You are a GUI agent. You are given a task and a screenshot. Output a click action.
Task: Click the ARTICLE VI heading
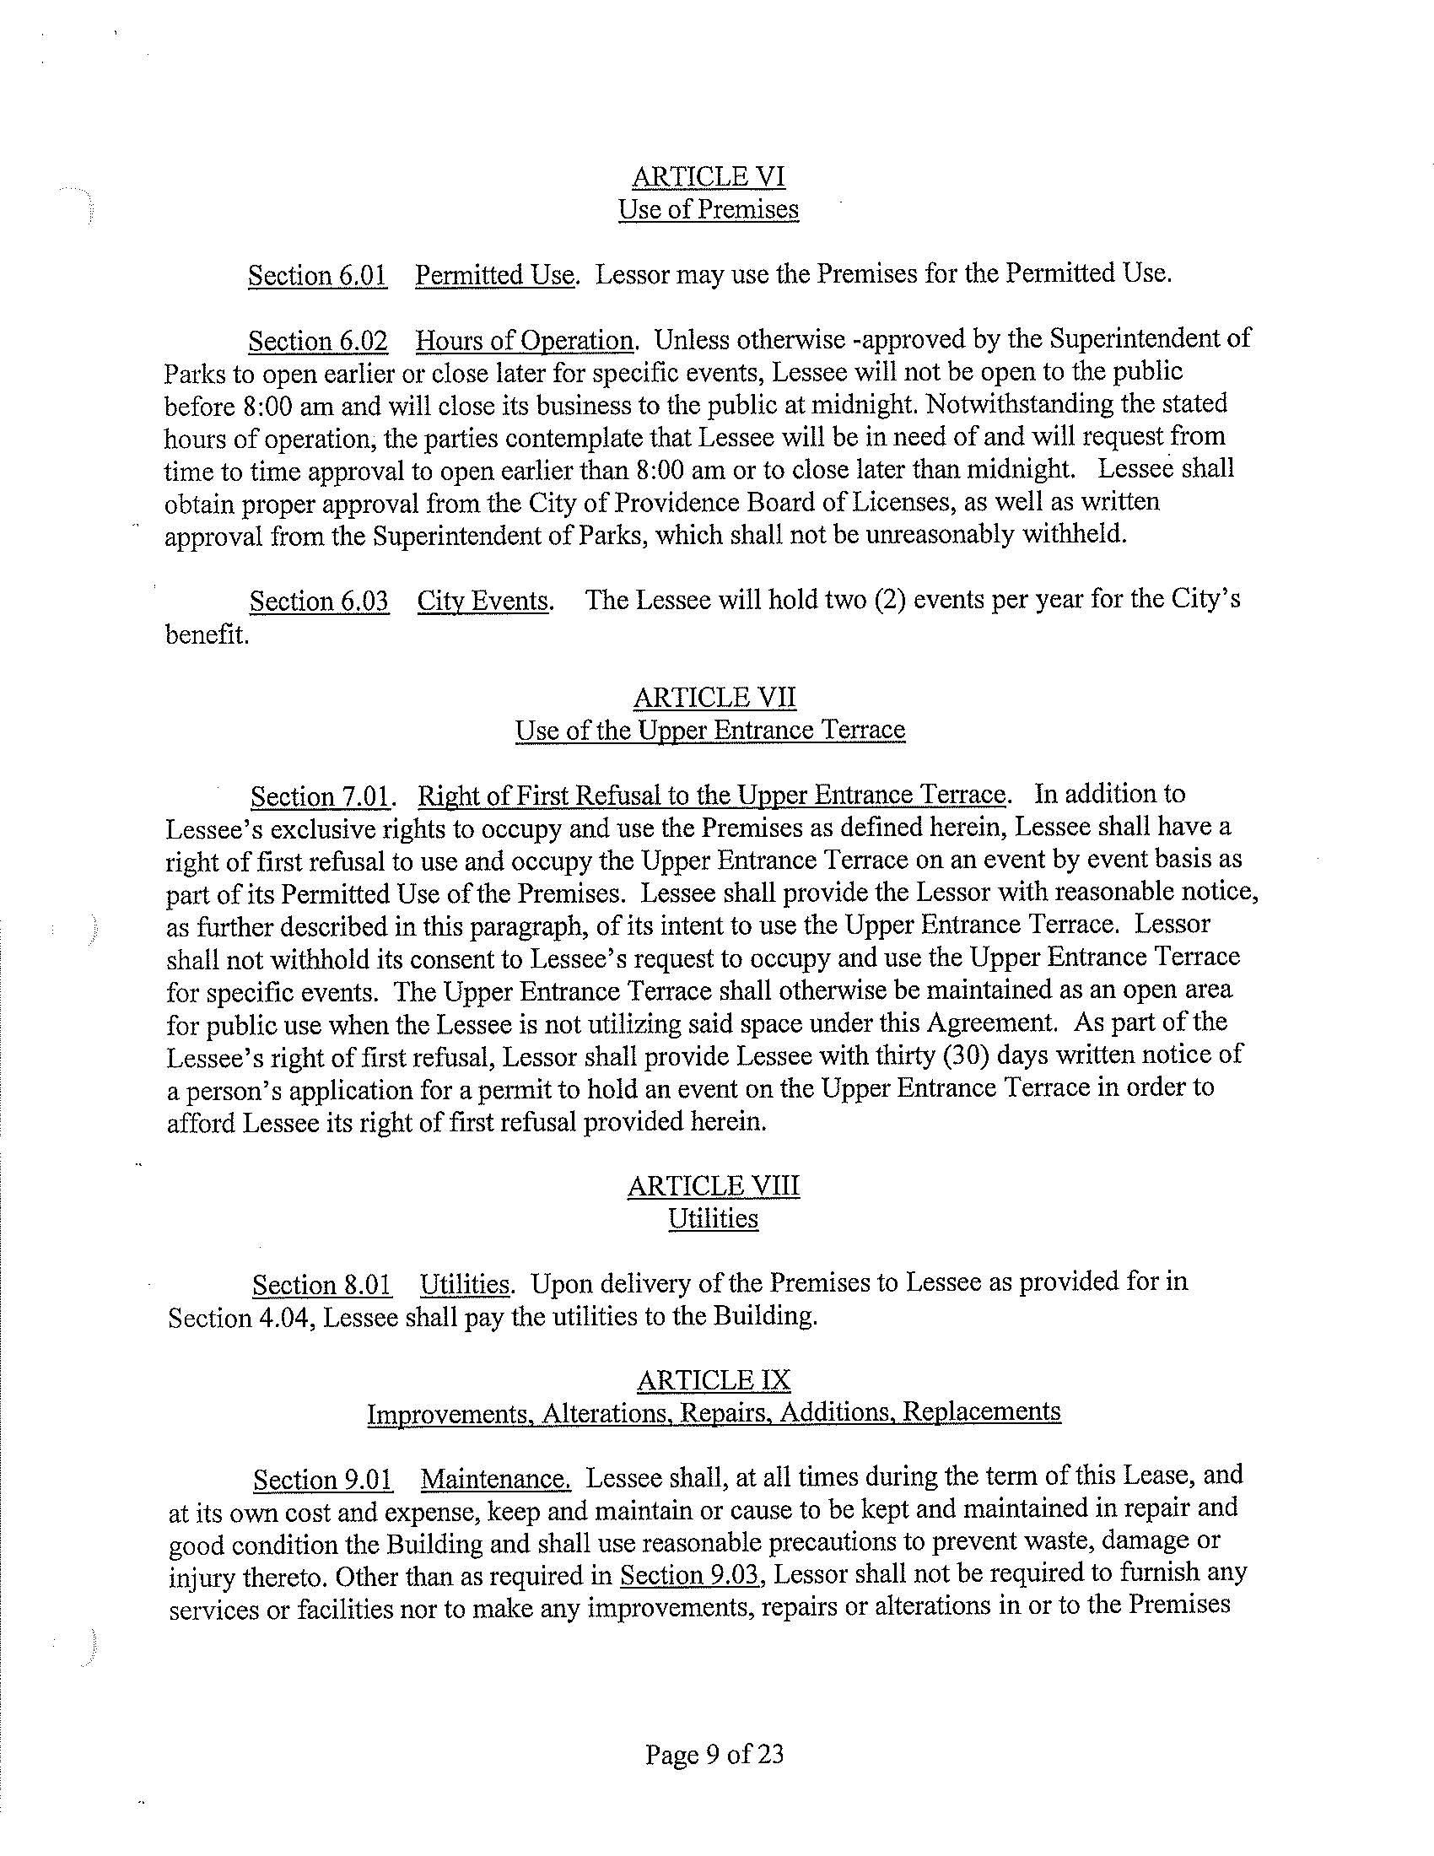pos(709,177)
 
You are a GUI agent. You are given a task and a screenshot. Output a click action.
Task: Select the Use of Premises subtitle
pos(709,209)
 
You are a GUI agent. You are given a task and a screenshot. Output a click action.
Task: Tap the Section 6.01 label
pos(318,275)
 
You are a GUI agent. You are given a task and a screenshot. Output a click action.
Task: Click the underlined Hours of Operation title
pos(523,341)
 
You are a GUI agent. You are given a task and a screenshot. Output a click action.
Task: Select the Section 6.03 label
pos(320,602)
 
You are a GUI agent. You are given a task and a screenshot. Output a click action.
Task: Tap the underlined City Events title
pos(482,602)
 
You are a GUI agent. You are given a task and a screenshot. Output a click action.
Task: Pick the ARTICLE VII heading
pos(714,698)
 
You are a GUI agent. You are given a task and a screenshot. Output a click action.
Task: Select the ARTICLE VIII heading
pos(714,1186)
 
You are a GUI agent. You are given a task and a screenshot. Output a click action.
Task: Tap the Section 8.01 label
pos(322,1285)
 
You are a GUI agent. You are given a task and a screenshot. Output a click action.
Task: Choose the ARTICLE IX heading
pos(714,1380)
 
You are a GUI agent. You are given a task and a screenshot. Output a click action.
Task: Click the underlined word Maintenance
pos(495,1480)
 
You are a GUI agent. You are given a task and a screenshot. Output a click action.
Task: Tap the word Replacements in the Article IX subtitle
pos(981,1412)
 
